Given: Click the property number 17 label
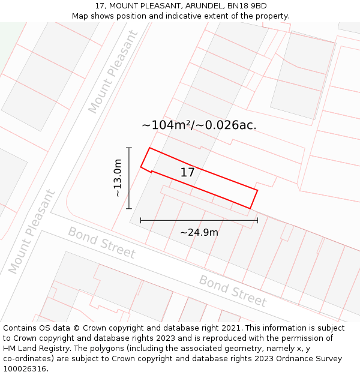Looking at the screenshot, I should point(187,173).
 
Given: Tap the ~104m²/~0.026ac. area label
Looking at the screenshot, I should point(199,125).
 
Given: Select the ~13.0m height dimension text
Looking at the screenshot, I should point(118,178).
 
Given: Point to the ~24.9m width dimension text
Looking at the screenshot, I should point(199,232).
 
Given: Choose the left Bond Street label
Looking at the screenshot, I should point(101,242).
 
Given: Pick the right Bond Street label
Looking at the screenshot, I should point(232,291).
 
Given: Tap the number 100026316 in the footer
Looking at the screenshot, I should point(24,369).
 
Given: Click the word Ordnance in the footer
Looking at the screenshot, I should point(275,359).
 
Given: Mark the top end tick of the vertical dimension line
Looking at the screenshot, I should point(129,148).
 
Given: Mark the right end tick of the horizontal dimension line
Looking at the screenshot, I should point(257,220).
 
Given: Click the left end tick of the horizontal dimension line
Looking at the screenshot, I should point(141,220).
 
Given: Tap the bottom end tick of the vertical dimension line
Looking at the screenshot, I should point(129,209).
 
